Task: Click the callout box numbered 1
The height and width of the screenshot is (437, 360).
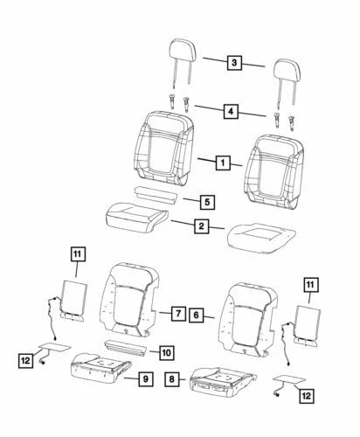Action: coord(224,163)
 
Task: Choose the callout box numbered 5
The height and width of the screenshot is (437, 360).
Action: coord(205,202)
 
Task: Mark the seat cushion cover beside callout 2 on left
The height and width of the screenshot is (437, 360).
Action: coord(132,215)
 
